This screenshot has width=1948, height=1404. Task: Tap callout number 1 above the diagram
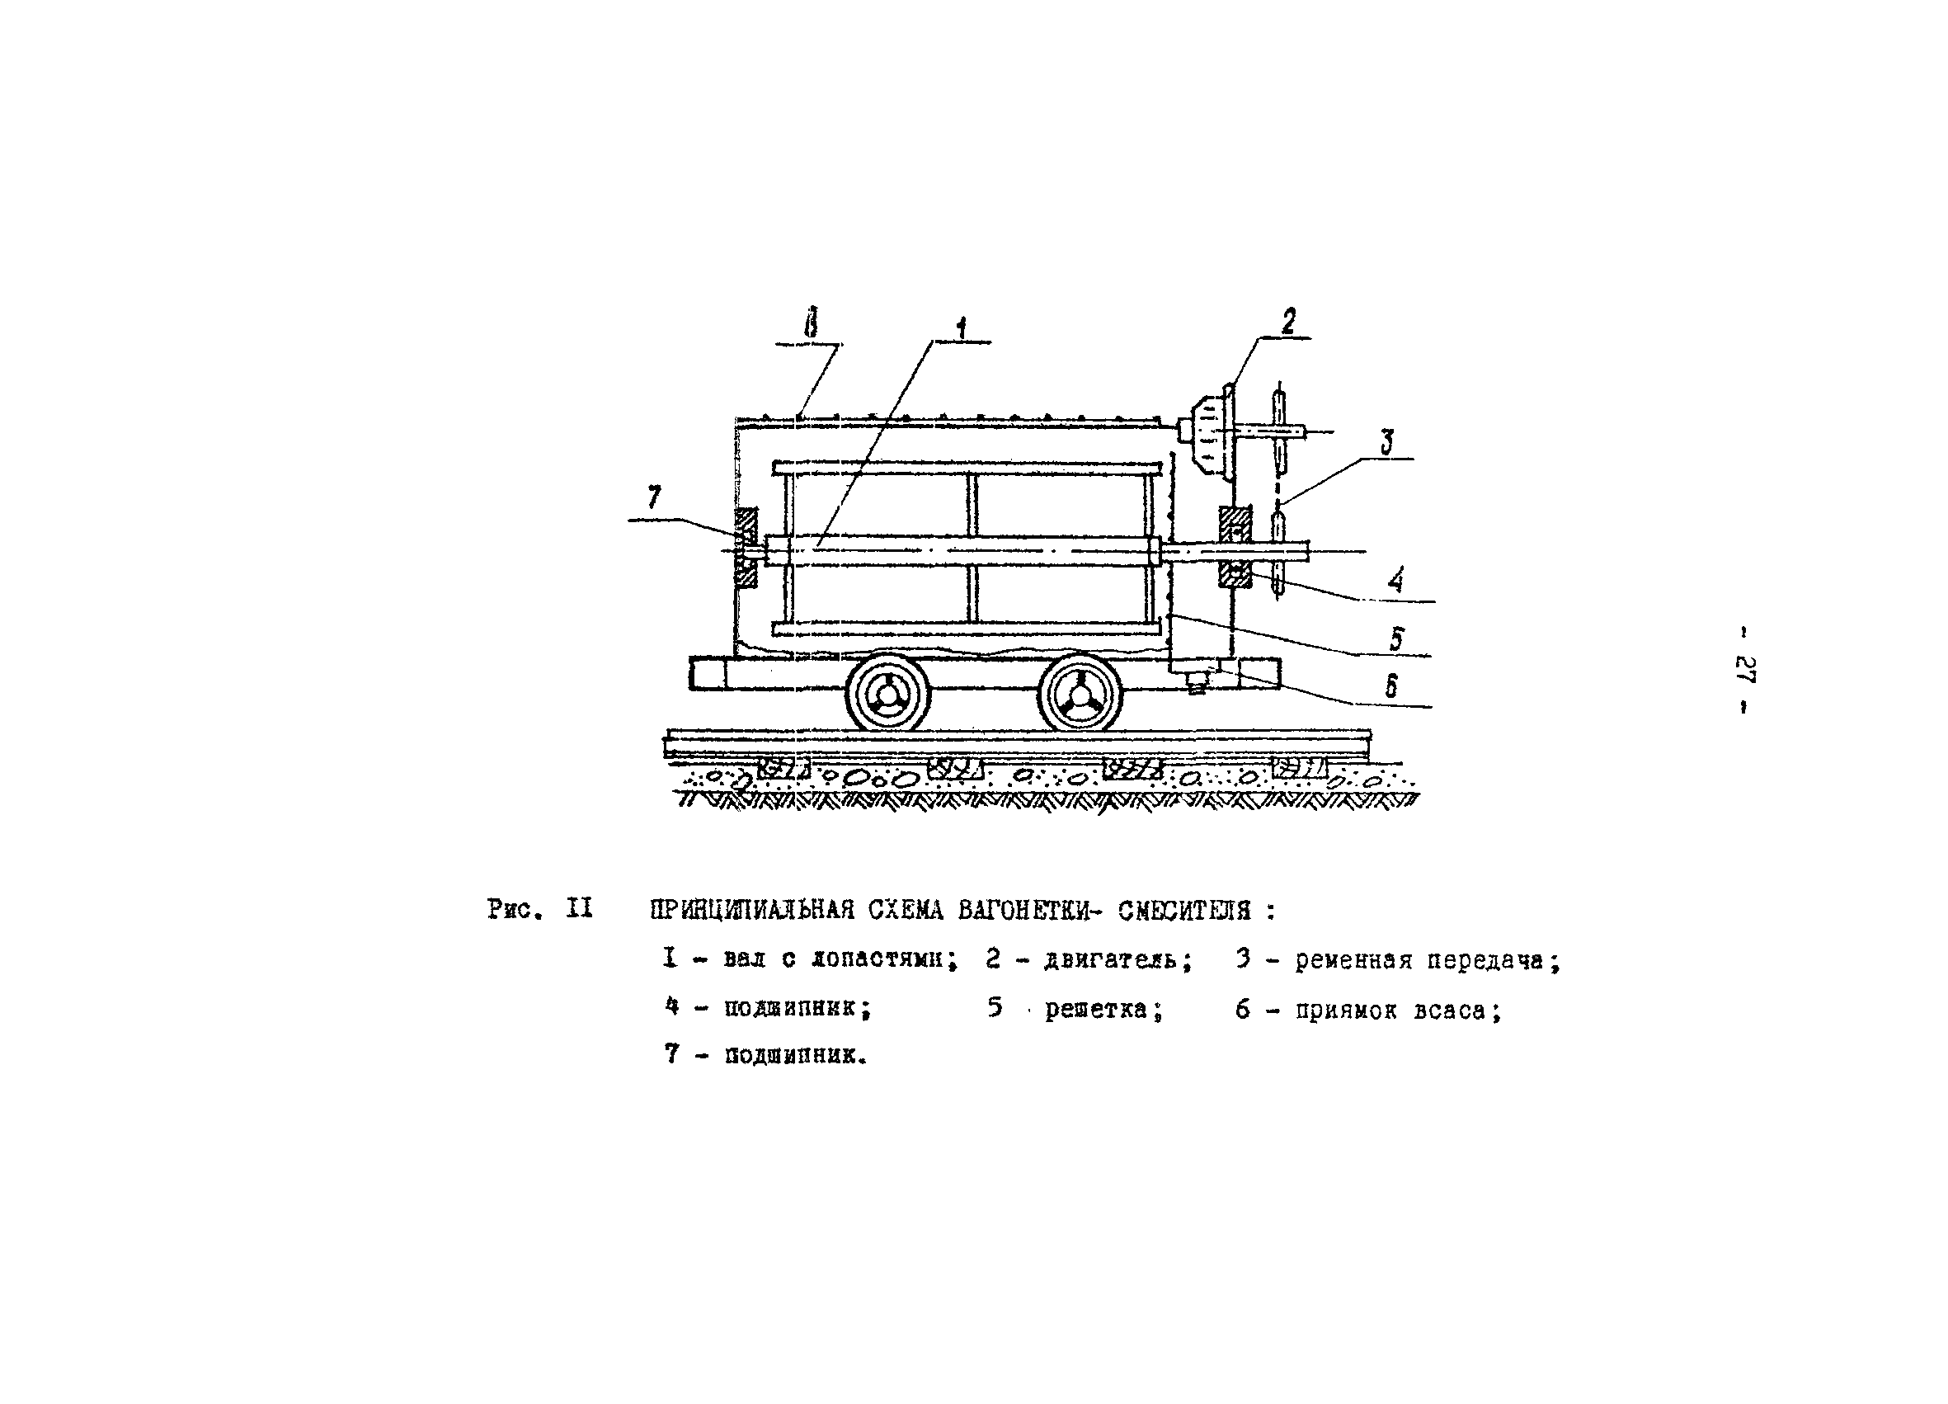coord(961,327)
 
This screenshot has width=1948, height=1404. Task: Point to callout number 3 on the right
coord(1386,442)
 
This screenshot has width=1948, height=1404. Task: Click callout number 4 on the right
coord(1396,582)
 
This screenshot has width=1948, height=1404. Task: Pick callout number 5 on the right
coord(1396,638)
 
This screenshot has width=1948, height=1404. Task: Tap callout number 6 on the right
coord(1391,685)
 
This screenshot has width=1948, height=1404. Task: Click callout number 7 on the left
coord(655,497)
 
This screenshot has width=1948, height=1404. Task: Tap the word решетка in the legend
coord(1103,1009)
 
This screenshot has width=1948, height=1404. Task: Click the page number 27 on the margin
coord(1744,669)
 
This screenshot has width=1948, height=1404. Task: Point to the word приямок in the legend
coord(1346,1011)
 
